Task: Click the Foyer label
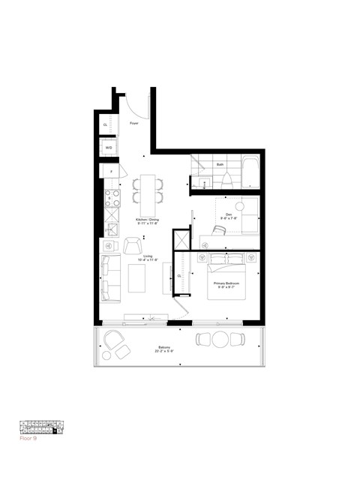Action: point(134,123)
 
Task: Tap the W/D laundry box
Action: point(109,148)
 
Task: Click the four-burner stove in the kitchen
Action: point(112,199)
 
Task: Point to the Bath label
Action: point(220,163)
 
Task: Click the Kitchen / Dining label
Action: point(148,221)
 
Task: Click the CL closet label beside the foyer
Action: point(106,124)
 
